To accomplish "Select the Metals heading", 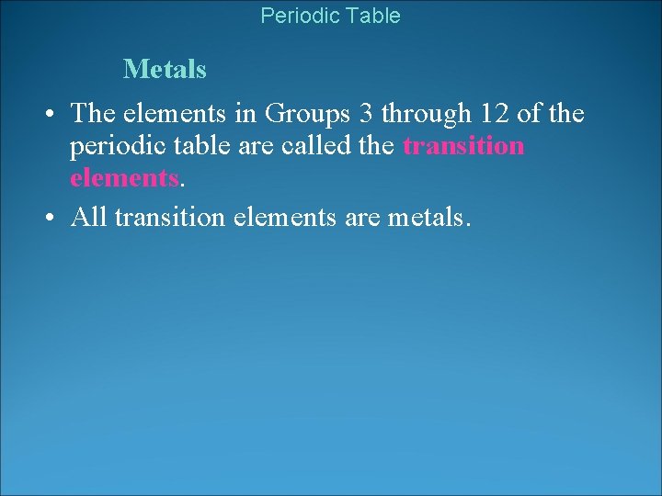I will coord(165,69).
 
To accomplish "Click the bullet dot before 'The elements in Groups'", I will coord(52,114).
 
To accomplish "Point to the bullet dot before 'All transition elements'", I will coord(52,219).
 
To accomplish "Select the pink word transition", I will coord(463,145).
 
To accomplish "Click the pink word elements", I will coord(123,177).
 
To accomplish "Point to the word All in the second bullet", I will coord(87,218).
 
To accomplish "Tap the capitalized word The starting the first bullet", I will coord(91,113).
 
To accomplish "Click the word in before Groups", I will coord(245,113).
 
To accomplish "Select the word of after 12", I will coord(530,113).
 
